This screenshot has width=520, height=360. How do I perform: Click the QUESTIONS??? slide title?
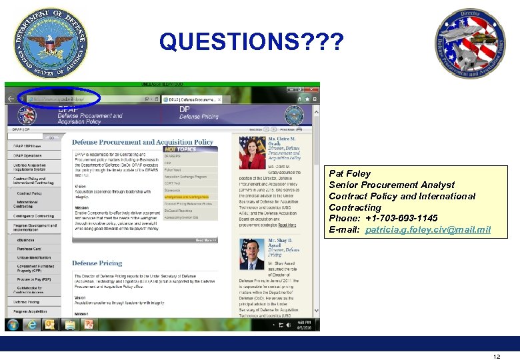pyautogui.click(x=252, y=43)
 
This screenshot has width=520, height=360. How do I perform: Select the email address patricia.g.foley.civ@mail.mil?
pyautogui.click(x=427, y=229)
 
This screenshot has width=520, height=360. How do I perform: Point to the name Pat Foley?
pyautogui.click(x=349, y=173)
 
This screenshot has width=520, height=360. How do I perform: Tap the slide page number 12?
pyautogui.click(x=497, y=357)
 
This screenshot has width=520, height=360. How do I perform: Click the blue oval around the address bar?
pyautogui.click(x=60, y=99)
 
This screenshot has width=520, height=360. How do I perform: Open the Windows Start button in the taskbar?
pyautogui.click(x=13, y=325)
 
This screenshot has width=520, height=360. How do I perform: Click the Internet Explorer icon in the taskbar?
pyautogui.click(x=31, y=325)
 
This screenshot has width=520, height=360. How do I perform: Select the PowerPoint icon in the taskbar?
pyautogui.click(x=89, y=325)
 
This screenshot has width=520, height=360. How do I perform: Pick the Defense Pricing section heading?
pyautogui.click(x=97, y=263)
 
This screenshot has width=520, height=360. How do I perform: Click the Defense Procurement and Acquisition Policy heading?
pyautogui.click(x=143, y=142)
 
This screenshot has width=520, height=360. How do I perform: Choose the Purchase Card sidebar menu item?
pyautogui.click(x=29, y=249)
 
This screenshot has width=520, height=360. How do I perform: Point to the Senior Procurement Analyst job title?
pyautogui.click(x=391, y=185)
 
